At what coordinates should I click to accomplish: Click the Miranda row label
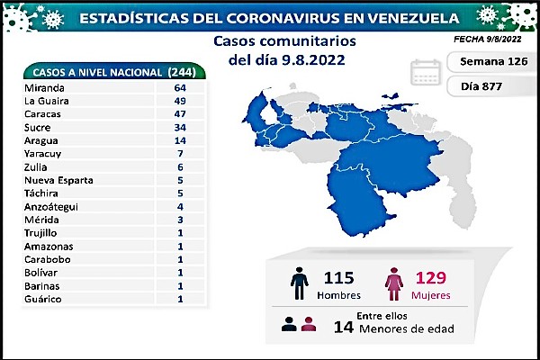click(x=44, y=88)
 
